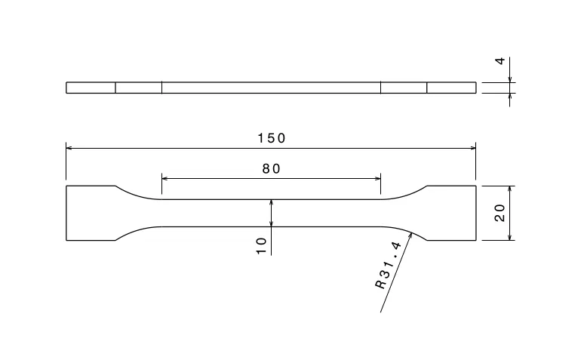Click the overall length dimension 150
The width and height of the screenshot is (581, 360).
click(x=271, y=137)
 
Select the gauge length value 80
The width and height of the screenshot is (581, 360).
click(x=271, y=169)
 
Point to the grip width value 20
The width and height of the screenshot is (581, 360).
click(x=500, y=213)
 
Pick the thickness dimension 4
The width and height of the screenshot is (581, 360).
click(x=500, y=60)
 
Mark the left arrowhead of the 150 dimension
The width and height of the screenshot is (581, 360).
click(x=70, y=148)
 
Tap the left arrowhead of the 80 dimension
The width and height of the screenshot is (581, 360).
click(x=166, y=178)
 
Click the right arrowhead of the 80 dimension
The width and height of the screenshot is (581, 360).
click(x=377, y=178)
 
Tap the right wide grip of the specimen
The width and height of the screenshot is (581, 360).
click(x=451, y=213)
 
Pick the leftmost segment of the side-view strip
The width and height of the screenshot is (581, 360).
click(x=91, y=88)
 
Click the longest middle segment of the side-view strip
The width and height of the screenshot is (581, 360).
click(x=271, y=88)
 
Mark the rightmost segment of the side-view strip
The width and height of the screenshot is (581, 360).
click(x=451, y=88)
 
